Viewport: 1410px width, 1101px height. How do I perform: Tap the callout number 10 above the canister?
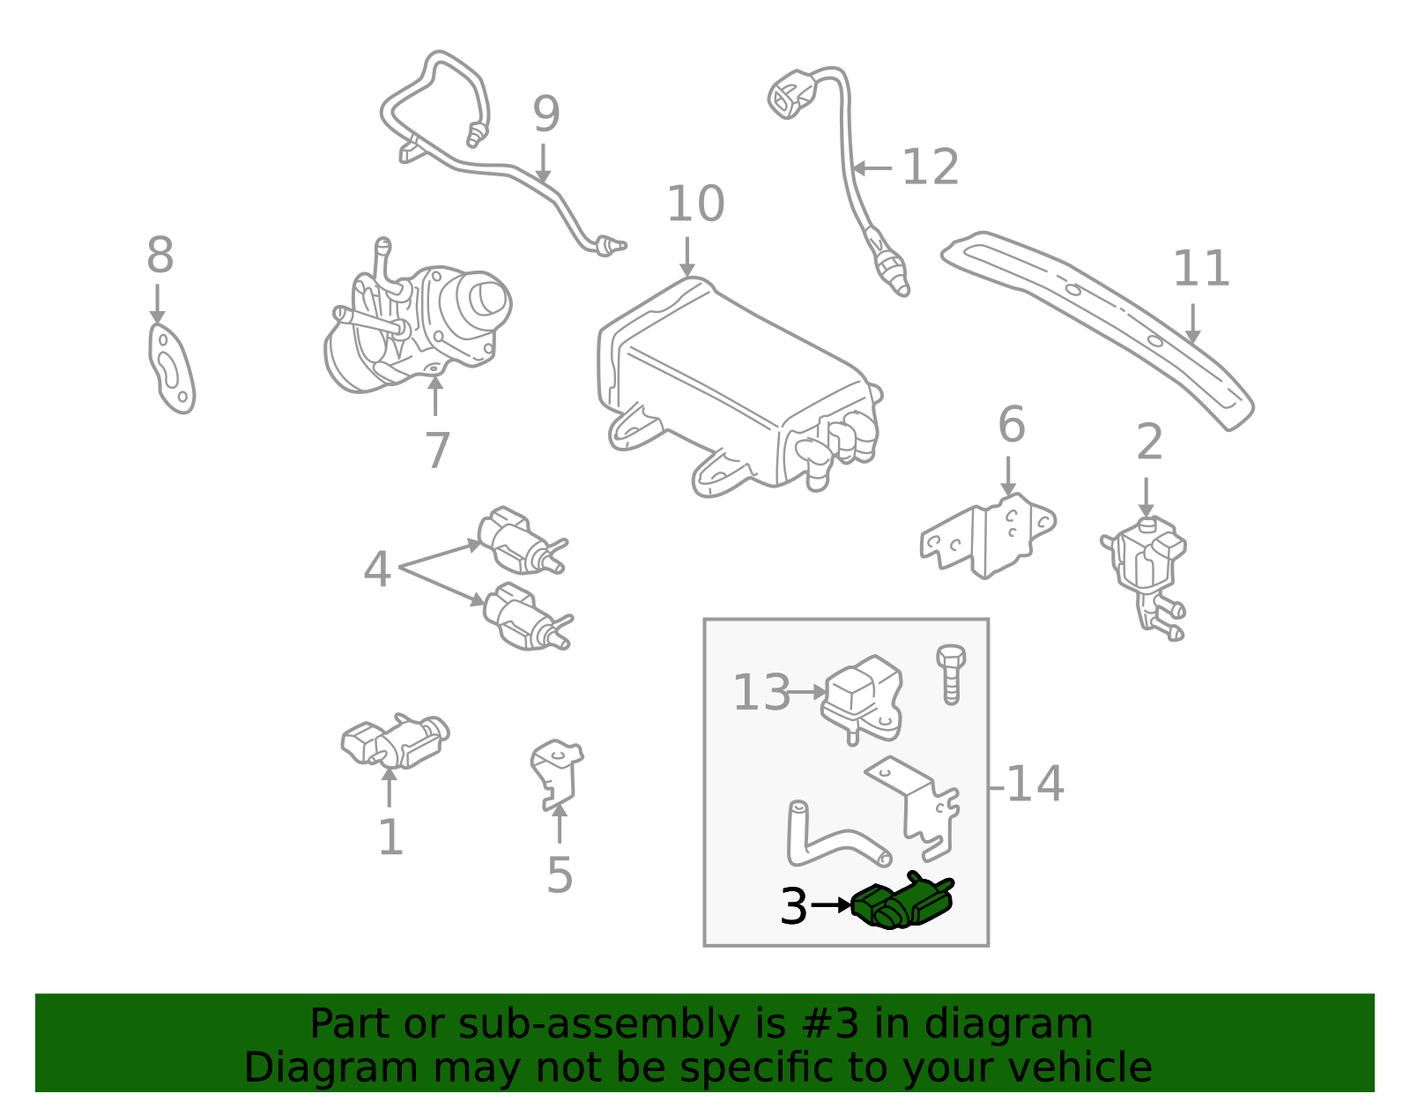(x=695, y=203)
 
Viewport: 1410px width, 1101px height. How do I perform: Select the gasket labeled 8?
(x=171, y=368)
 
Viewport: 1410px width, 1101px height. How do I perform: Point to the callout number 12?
(x=930, y=167)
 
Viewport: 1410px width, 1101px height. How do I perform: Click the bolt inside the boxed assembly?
(x=951, y=674)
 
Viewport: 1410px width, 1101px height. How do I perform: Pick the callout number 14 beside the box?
(x=1035, y=784)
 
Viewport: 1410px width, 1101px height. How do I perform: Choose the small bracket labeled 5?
(x=557, y=775)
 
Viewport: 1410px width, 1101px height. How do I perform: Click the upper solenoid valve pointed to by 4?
(x=523, y=540)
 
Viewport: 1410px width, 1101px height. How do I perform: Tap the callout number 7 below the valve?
(x=437, y=450)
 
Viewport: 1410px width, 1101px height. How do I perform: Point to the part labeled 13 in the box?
(x=862, y=698)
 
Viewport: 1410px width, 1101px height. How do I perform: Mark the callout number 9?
(x=546, y=115)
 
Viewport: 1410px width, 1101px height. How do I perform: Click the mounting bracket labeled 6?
(x=988, y=537)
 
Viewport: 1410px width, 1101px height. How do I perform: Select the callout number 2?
(x=1149, y=443)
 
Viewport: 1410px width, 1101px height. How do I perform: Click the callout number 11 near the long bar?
(x=1201, y=268)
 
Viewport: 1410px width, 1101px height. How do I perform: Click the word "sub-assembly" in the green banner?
(x=599, y=1024)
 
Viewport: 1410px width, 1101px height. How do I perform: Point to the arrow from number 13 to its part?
(x=805, y=692)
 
